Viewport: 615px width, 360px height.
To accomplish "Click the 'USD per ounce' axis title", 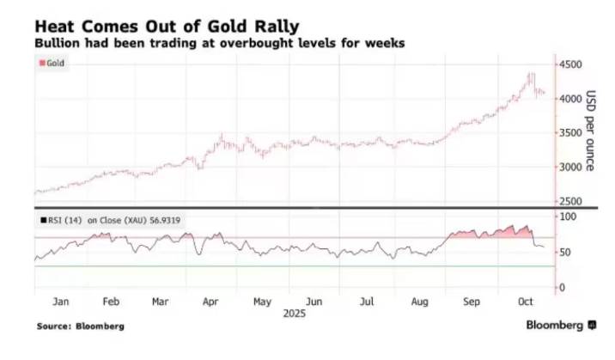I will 591,131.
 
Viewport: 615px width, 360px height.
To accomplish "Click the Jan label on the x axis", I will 60,302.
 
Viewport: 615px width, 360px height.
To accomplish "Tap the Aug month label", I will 419,302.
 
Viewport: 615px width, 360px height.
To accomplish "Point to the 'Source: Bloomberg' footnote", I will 80,326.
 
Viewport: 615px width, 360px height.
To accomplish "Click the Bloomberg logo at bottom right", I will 561,326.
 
